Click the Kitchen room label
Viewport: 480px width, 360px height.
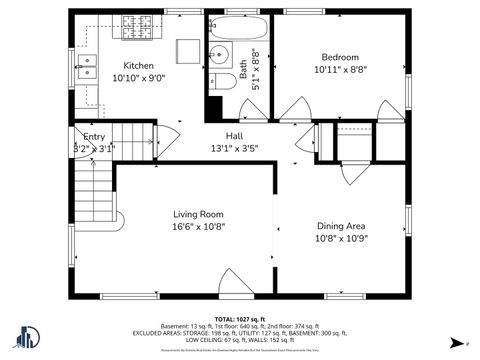click(138, 65)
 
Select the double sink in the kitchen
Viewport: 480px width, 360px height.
click(89, 67)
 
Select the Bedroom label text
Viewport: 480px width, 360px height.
click(339, 57)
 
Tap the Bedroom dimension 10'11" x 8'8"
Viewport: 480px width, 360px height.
click(339, 70)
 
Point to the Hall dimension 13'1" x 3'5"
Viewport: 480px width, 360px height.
click(234, 149)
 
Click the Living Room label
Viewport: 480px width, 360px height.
click(198, 214)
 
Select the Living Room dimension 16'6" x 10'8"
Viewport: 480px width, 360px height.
click(198, 227)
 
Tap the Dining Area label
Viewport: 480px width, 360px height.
click(341, 225)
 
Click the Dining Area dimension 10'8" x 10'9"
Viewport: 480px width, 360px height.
click(341, 238)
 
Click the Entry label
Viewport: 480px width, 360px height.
click(94, 136)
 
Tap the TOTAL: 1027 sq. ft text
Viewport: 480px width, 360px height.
click(240, 319)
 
